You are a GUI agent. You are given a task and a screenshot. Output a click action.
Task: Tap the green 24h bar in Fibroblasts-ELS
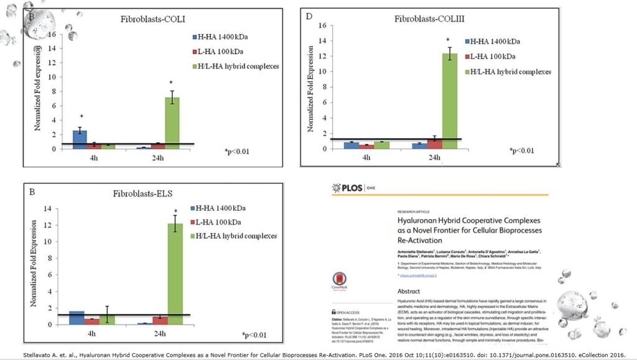(176, 274)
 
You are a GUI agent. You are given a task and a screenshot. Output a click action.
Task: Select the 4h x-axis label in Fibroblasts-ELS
(91, 333)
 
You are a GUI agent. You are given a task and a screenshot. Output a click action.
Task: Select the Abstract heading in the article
(412, 291)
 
